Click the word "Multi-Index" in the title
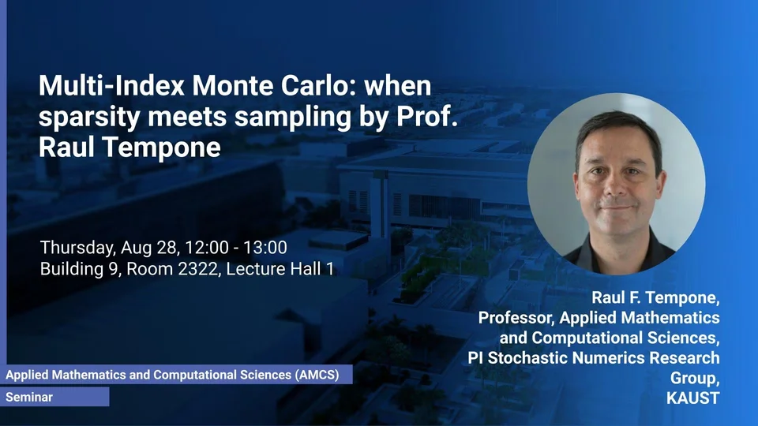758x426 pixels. (111, 85)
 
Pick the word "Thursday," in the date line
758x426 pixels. (78, 248)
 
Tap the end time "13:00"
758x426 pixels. (265, 247)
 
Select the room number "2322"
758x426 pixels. (198, 269)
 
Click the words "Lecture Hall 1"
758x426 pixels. (280, 268)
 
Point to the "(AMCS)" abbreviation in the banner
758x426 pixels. (317, 375)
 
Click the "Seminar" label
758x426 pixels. (29, 397)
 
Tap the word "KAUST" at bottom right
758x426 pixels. (692, 398)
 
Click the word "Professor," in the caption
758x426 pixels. (516, 318)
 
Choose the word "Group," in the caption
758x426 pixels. (695, 378)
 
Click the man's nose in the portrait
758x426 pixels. (617, 186)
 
